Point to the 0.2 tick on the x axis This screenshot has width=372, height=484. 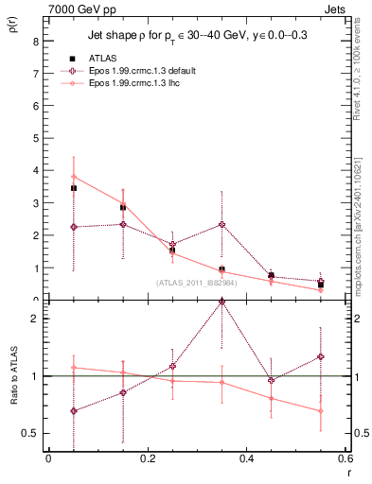(147, 458)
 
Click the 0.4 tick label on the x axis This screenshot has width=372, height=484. (246, 458)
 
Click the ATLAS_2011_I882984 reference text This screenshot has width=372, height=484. (196, 282)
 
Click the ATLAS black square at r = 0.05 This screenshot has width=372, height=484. (73, 188)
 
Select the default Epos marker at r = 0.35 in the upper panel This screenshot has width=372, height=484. (221, 224)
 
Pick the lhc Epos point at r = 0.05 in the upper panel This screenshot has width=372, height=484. (73, 177)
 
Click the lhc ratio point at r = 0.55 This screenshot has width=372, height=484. (321, 411)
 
